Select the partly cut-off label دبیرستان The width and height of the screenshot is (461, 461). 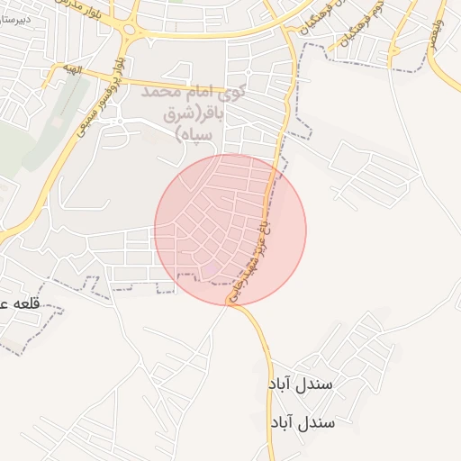tap(15, 19)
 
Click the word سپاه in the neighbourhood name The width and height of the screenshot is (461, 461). tap(194, 134)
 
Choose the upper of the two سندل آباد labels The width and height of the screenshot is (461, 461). tap(301, 384)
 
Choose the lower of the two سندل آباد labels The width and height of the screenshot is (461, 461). tap(302, 422)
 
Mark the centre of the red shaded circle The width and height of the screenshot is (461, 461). tap(230, 230)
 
